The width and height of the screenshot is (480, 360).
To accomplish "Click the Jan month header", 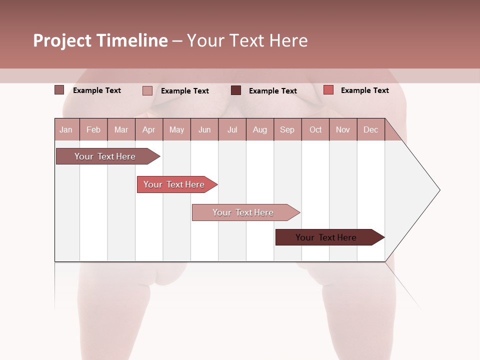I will [66, 129].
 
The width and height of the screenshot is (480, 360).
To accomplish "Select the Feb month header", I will [93, 129].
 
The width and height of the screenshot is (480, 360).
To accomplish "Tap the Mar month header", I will [121, 129].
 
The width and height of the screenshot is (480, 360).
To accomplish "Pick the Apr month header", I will [149, 129].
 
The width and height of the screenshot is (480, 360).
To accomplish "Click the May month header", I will [176, 129].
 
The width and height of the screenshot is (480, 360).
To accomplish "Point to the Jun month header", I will [204, 129].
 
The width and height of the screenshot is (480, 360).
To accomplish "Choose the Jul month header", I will [232, 129].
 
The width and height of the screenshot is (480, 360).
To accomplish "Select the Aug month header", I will [260, 129].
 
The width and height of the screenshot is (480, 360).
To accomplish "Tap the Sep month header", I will [287, 129].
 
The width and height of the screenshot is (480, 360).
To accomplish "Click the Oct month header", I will [315, 129].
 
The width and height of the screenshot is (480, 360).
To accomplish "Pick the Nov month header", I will [343, 129].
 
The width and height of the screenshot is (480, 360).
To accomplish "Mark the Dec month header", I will [370, 129].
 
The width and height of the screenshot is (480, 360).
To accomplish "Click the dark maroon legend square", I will [236, 90].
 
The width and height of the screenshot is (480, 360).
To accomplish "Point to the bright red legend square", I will [328, 90].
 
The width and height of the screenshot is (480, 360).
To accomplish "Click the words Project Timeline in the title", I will [100, 40].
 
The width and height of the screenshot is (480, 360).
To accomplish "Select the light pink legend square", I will [147, 91].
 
